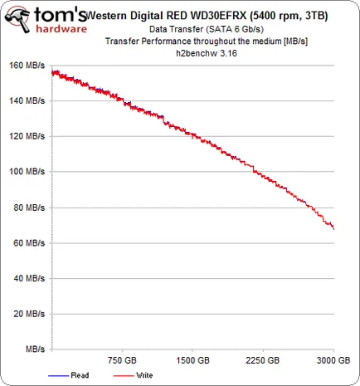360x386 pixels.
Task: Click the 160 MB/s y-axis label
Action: click(27, 66)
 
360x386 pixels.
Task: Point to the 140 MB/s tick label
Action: click(27, 100)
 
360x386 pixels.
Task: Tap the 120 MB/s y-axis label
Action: click(27, 136)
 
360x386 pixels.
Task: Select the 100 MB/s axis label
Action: click(27, 172)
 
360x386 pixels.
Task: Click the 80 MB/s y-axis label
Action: click(29, 208)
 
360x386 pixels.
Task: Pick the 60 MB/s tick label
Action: click(29, 243)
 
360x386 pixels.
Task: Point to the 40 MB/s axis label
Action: click(29, 278)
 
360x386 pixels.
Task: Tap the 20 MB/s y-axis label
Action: click(29, 314)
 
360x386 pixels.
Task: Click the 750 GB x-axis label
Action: click(122, 360)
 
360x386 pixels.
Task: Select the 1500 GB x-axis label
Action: click(192, 360)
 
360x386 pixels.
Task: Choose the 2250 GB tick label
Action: click(263, 360)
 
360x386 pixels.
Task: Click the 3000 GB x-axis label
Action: click(333, 360)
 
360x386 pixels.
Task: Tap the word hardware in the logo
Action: click(61, 29)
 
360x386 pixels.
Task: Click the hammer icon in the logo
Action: click(17, 19)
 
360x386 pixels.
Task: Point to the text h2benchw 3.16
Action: click(207, 53)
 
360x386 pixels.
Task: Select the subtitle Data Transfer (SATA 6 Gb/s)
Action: click(207, 29)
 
